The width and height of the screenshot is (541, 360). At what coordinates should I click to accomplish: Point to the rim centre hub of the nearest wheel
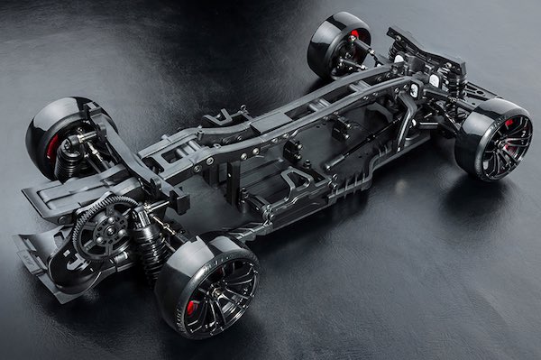click(x=215, y=291)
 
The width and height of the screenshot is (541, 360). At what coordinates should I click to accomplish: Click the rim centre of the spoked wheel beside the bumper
click(x=493, y=144)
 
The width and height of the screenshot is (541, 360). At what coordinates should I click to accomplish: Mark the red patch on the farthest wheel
click(x=353, y=34)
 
